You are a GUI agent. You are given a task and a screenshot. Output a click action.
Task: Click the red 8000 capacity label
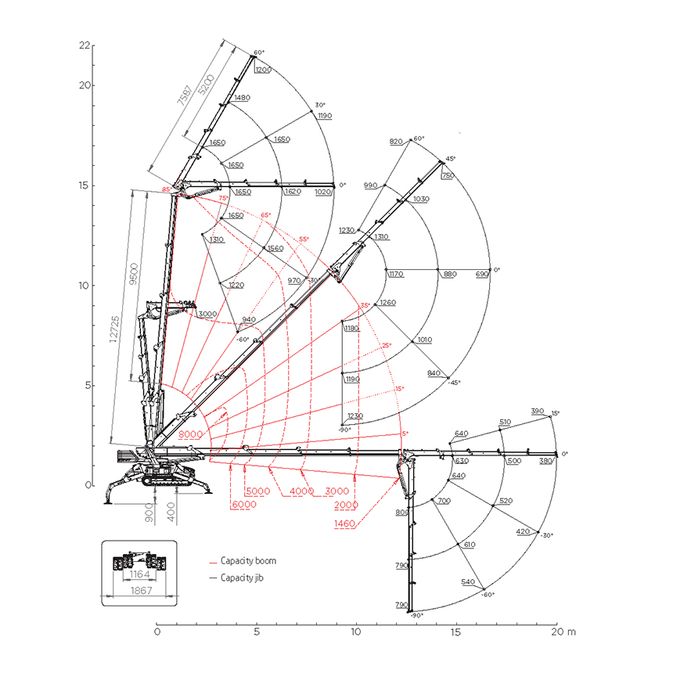[x=191, y=434]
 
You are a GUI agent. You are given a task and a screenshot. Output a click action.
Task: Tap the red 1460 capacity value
[x=344, y=523]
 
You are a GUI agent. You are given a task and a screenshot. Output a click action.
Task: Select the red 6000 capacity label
[x=244, y=505]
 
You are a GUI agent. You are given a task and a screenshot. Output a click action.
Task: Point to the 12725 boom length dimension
[x=114, y=329]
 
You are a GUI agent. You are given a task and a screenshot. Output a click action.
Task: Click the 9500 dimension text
[x=134, y=274]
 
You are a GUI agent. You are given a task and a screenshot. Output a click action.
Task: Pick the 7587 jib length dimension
[x=185, y=95]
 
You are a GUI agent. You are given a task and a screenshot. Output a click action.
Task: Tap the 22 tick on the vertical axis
[x=85, y=45]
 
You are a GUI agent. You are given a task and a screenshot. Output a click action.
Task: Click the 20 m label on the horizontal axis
[x=563, y=631]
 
